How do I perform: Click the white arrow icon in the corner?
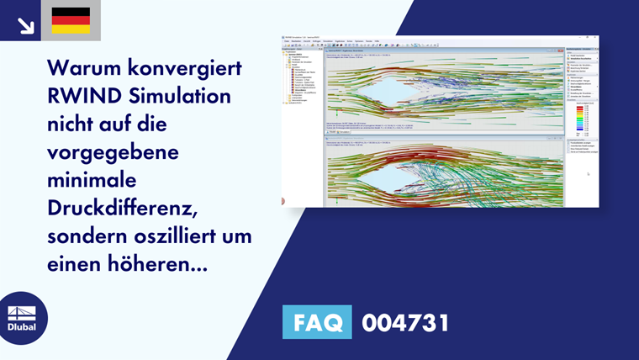[x=25, y=25]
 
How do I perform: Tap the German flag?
[x=71, y=20]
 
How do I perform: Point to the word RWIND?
[x=82, y=95]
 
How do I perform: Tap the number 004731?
[x=405, y=323]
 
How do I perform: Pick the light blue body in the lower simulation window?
[x=362, y=173]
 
